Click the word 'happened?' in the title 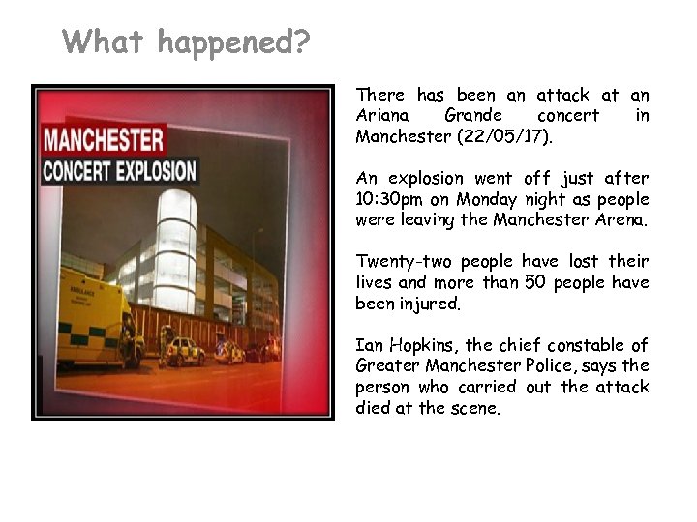(x=232, y=42)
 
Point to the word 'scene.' (x=474, y=408)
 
